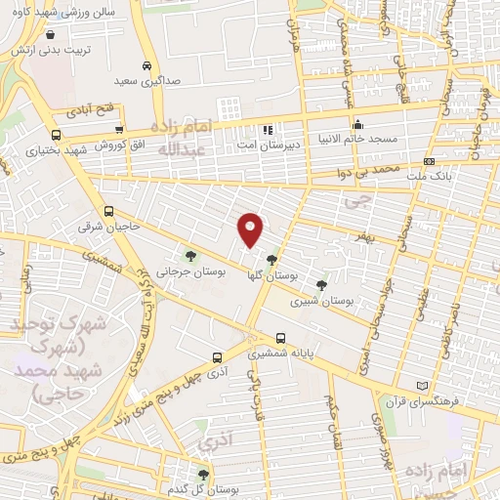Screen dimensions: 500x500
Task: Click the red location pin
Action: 251,229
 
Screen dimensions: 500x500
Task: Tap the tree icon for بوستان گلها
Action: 271,259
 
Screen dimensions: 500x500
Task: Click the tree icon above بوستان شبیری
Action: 321,285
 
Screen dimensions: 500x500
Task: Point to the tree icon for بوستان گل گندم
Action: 203,477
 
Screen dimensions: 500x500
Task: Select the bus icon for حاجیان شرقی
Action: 107,211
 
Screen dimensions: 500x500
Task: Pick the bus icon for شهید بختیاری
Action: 55,136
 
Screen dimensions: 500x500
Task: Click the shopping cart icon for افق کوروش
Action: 119,129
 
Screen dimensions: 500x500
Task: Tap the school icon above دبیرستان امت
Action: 266,129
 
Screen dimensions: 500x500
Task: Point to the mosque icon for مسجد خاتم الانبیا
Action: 358,124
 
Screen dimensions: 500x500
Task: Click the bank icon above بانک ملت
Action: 429,161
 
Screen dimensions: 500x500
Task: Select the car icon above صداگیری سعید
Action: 146,65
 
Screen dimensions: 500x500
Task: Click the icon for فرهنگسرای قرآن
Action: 422,385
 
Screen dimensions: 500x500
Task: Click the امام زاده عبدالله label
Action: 184,136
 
